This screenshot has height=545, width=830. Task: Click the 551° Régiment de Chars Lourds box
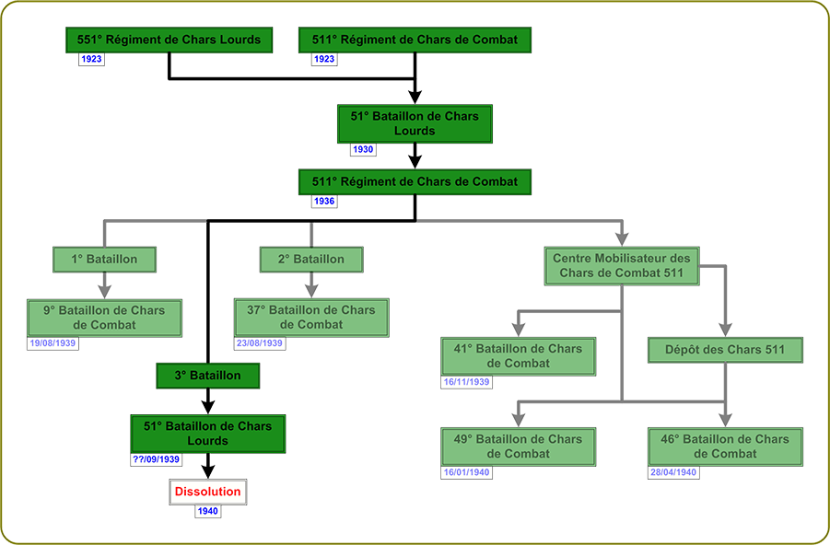pos(169,40)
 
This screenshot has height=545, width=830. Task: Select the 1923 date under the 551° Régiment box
pos(91,59)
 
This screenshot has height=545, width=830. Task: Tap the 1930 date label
pos(363,149)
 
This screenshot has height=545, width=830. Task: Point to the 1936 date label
pos(324,201)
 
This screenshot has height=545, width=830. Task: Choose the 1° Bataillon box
pos(104,260)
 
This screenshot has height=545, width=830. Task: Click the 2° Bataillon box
pos(311,260)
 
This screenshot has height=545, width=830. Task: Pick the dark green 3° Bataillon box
pos(207,376)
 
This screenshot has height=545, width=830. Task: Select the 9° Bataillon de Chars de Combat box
pos(103,318)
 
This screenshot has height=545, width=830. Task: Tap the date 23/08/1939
pos(260,343)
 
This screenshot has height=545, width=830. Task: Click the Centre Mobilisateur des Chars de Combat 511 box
pos(621,266)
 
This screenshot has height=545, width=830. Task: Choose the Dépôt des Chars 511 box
pos(726,350)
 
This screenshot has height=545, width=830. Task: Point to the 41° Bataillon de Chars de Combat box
pos(518,356)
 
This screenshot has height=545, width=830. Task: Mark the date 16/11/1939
pos(466,381)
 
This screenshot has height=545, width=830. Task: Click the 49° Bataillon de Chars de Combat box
pos(518,446)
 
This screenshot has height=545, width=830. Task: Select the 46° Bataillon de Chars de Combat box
pos(724,446)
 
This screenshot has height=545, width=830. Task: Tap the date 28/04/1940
pos(673,471)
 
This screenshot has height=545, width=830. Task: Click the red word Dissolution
pos(207,492)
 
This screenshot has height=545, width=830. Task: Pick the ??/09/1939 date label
pos(156,458)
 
